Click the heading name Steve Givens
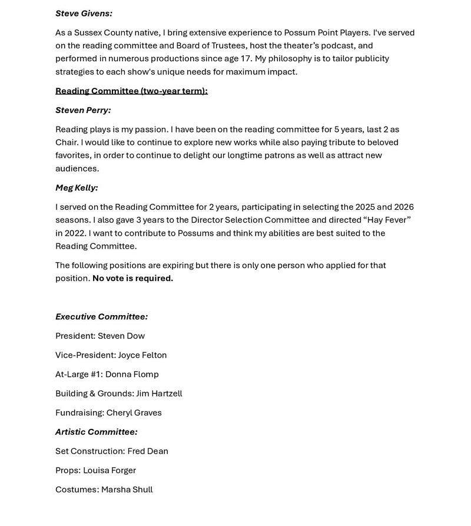(x=84, y=13)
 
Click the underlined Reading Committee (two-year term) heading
(x=131, y=91)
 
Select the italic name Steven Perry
(x=83, y=110)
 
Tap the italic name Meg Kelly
(x=77, y=188)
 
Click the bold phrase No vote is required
(x=132, y=278)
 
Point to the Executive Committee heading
(x=101, y=317)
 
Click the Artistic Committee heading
(x=97, y=432)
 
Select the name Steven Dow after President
(x=121, y=336)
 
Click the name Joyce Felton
(x=142, y=355)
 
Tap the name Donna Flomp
(x=132, y=374)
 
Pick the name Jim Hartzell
(x=159, y=393)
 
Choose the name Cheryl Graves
(x=134, y=413)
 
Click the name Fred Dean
(x=148, y=451)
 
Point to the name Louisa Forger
(x=110, y=470)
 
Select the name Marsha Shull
(x=127, y=489)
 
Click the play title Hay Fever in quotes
(x=389, y=220)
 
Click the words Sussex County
(x=103, y=32)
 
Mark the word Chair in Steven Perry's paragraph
(x=67, y=142)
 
